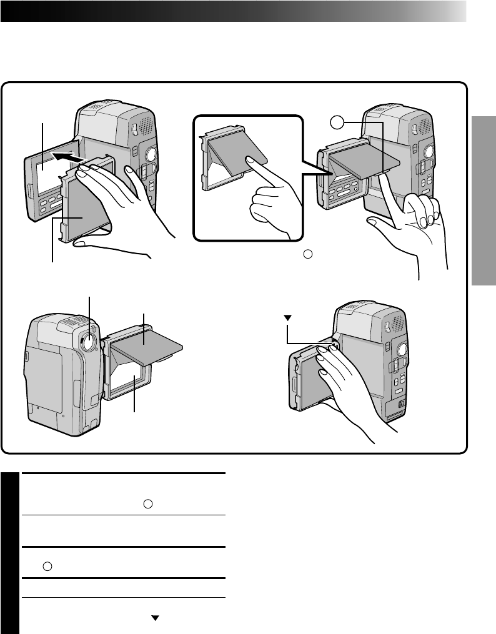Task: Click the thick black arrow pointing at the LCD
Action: click(x=66, y=158)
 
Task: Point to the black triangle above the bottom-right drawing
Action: click(x=288, y=317)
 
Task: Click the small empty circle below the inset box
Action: click(x=306, y=254)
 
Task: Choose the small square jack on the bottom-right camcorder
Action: click(x=400, y=403)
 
